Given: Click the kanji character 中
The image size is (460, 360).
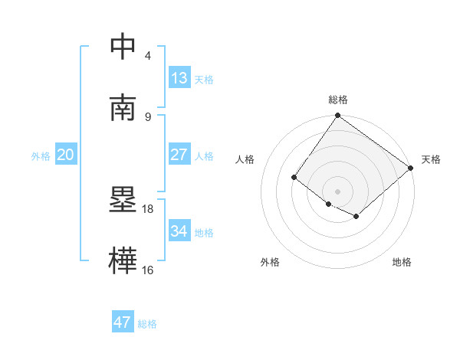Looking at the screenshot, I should pyautogui.click(x=123, y=47).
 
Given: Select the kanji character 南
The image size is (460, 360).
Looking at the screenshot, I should pyautogui.click(x=123, y=108).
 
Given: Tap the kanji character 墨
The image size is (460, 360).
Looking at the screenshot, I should pyautogui.click(x=123, y=201).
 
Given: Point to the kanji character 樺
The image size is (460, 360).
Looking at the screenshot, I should pyautogui.click(x=123, y=261).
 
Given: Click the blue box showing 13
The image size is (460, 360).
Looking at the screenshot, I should pyautogui.click(x=179, y=77).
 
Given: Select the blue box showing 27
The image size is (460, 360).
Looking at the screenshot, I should pyautogui.click(x=179, y=155).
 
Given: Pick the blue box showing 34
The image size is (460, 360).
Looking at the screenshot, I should pyautogui.click(x=179, y=231).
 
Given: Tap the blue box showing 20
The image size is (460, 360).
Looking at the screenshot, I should pyautogui.click(x=65, y=155).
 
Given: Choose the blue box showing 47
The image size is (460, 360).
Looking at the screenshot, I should pyautogui.click(x=123, y=322).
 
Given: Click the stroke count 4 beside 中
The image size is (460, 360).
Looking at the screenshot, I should pyautogui.click(x=147, y=55).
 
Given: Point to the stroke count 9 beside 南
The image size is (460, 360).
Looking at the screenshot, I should pyautogui.click(x=147, y=116).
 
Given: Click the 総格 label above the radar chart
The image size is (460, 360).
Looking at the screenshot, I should pyautogui.click(x=337, y=100).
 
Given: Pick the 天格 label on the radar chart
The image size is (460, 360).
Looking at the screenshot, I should pyautogui.click(x=431, y=159).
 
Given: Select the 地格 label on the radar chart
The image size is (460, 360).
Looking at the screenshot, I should pyautogui.click(x=402, y=262).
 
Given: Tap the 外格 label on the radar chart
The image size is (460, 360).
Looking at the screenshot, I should pyautogui.click(x=270, y=262).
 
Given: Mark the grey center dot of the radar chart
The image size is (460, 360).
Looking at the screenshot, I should pyautogui.click(x=337, y=191).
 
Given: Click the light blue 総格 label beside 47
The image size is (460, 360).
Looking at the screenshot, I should pyautogui.click(x=147, y=323).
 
